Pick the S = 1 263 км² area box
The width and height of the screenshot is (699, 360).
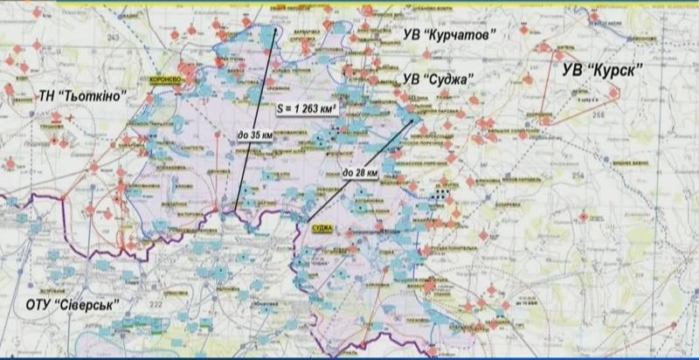307,109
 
